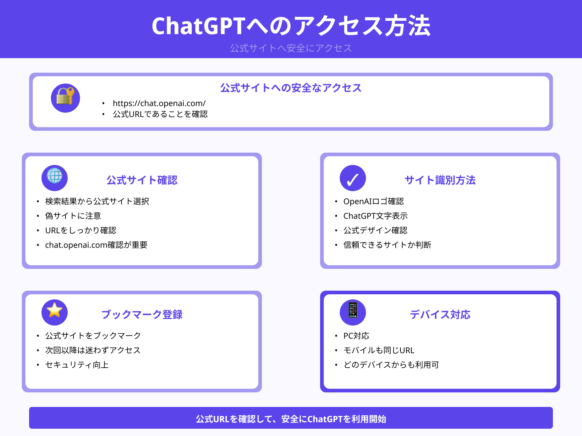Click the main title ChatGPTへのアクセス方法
point(291,26)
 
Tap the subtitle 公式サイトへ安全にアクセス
point(291,48)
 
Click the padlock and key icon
point(65,98)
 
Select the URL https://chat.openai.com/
point(159,103)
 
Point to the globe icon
point(55,177)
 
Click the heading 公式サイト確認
point(142,180)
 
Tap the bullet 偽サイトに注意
point(73,216)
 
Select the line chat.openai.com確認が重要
point(96,245)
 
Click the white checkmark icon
point(353,178)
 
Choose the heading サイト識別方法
point(440,180)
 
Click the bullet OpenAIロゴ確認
point(374,201)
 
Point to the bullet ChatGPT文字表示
point(375,216)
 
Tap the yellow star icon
point(55,311)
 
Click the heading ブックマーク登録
point(142,315)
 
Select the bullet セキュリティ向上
point(77,365)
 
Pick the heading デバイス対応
point(440,315)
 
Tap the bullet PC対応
point(356,336)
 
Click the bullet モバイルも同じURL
point(379,350)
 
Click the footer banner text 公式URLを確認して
point(233,419)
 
